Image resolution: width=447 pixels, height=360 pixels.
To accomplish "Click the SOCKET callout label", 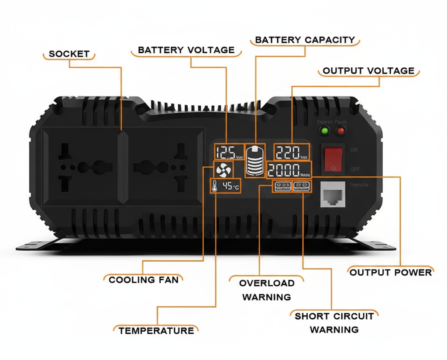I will (x=69, y=55).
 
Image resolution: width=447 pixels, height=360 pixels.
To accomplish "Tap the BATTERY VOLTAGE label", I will (x=186, y=50).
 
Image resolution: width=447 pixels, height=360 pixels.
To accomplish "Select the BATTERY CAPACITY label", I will (x=305, y=40).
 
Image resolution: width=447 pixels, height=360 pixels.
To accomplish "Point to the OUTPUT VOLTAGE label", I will (x=368, y=71).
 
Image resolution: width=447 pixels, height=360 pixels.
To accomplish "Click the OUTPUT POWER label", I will (x=391, y=272).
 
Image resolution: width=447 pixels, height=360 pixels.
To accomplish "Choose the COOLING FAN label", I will (x=144, y=280).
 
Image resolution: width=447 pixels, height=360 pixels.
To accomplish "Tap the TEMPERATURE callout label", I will (x=156, y=331).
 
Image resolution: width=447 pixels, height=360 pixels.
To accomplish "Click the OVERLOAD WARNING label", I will (x=266, y=290).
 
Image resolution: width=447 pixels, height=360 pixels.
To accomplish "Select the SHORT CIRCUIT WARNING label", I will (x=334, y=322).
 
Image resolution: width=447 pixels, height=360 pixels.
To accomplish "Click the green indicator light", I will (x=324, y=131).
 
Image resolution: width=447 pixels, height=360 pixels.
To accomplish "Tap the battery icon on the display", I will (x=255, y=160).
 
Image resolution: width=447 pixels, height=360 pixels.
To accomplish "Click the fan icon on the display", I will (x=223, y=170).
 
